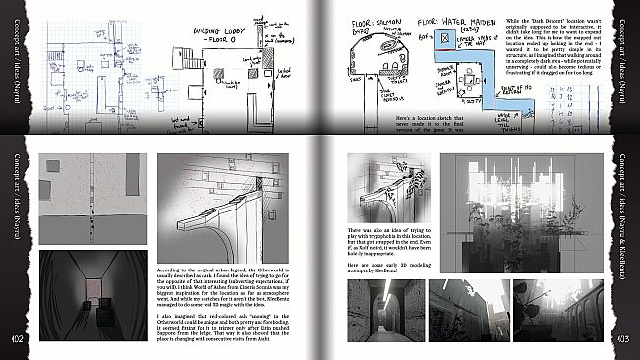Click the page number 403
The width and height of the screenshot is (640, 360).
623,337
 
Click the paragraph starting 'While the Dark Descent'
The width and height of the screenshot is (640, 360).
562,48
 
